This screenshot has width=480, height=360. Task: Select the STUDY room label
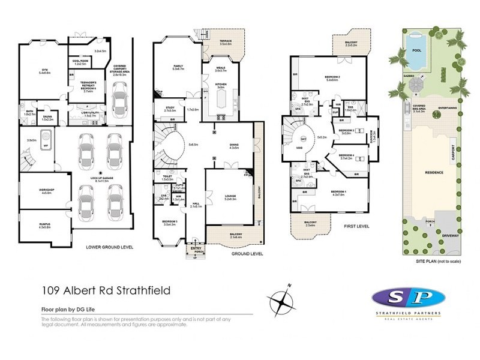click(x=169, y=108)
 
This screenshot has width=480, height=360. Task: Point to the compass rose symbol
click(x=282, y=298)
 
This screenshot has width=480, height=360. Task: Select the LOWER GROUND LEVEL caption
click(x=110, y=247)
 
